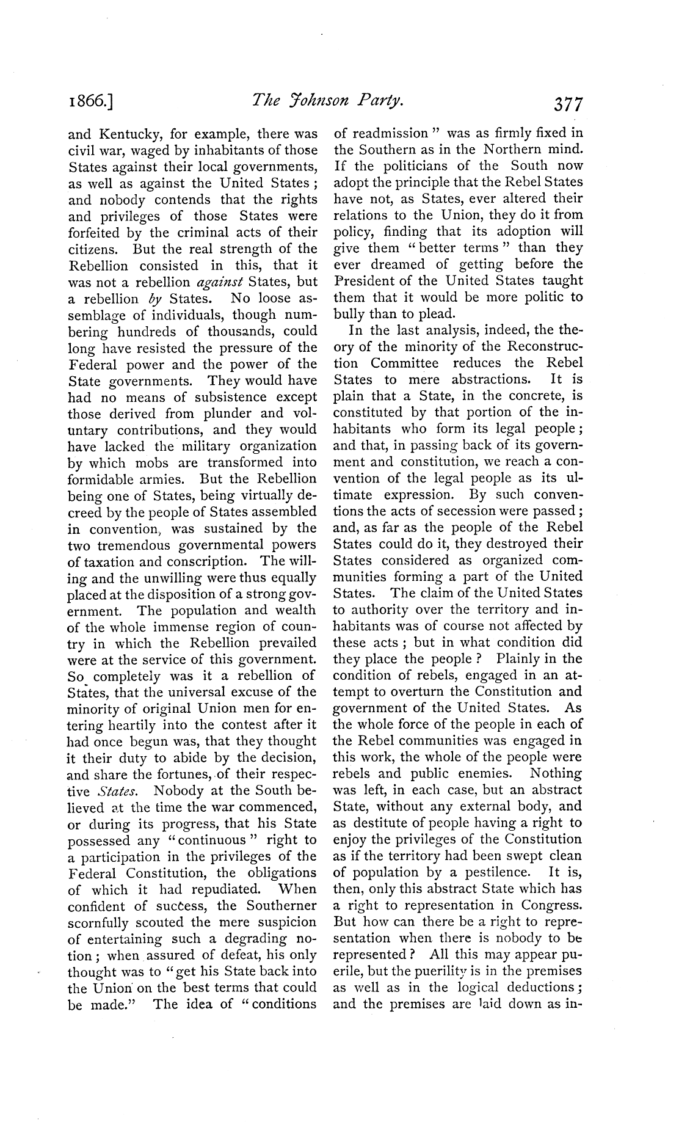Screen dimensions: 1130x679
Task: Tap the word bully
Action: [x=350, y=315]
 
